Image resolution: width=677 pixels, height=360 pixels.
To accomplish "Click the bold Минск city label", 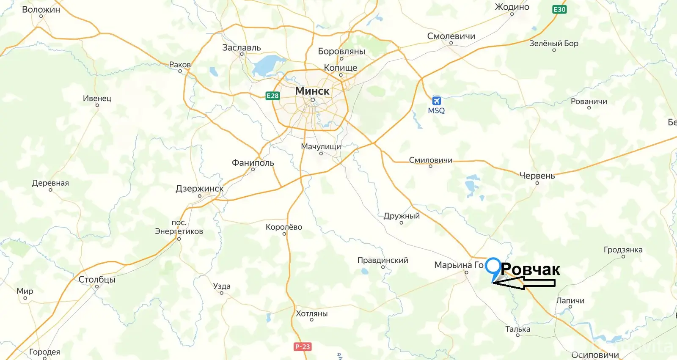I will (x=312, y=91).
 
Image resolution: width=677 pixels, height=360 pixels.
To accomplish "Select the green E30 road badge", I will (x=559, y=9).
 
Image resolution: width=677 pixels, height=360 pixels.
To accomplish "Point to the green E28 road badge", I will (x=272, y=96).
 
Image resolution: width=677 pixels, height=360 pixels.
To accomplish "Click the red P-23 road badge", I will (x=303, y=346).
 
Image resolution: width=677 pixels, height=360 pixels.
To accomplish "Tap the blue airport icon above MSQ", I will (x=436, y=101).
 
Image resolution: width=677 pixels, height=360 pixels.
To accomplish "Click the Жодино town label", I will (x=512, y=7).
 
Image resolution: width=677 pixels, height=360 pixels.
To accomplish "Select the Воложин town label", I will (x=41, y=9).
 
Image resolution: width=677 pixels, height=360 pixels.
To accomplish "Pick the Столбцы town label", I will (x=97, y=279).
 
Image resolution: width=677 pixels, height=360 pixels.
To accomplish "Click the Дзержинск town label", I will (x=200, y=189).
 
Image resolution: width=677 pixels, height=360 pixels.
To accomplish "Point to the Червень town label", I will (x=537, y=176).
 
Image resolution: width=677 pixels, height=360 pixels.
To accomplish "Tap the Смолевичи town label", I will (x=451, y=36).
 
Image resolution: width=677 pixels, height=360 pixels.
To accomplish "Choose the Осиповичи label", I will (x=595, y=355).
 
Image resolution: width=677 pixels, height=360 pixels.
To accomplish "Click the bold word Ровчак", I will (x=531, y=269).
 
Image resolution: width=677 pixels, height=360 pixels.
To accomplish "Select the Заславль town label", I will (x=242, y=47).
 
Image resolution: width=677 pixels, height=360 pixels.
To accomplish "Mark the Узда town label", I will (x=222, y=286).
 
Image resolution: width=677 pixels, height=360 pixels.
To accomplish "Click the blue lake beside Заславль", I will (x=264, y=65).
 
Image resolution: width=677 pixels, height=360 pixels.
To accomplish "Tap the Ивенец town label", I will (x=97, y=98).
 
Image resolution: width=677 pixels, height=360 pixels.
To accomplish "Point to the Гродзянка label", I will (x=623, y=250).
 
